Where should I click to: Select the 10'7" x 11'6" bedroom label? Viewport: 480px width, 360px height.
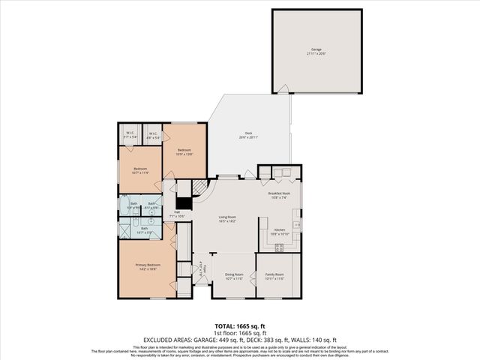coord(140,170)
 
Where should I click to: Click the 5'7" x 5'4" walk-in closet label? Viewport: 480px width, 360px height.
coord(130,136)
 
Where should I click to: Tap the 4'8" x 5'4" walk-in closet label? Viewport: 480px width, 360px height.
coord(152,136)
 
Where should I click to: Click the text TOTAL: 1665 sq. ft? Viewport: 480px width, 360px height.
coord(240,326)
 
